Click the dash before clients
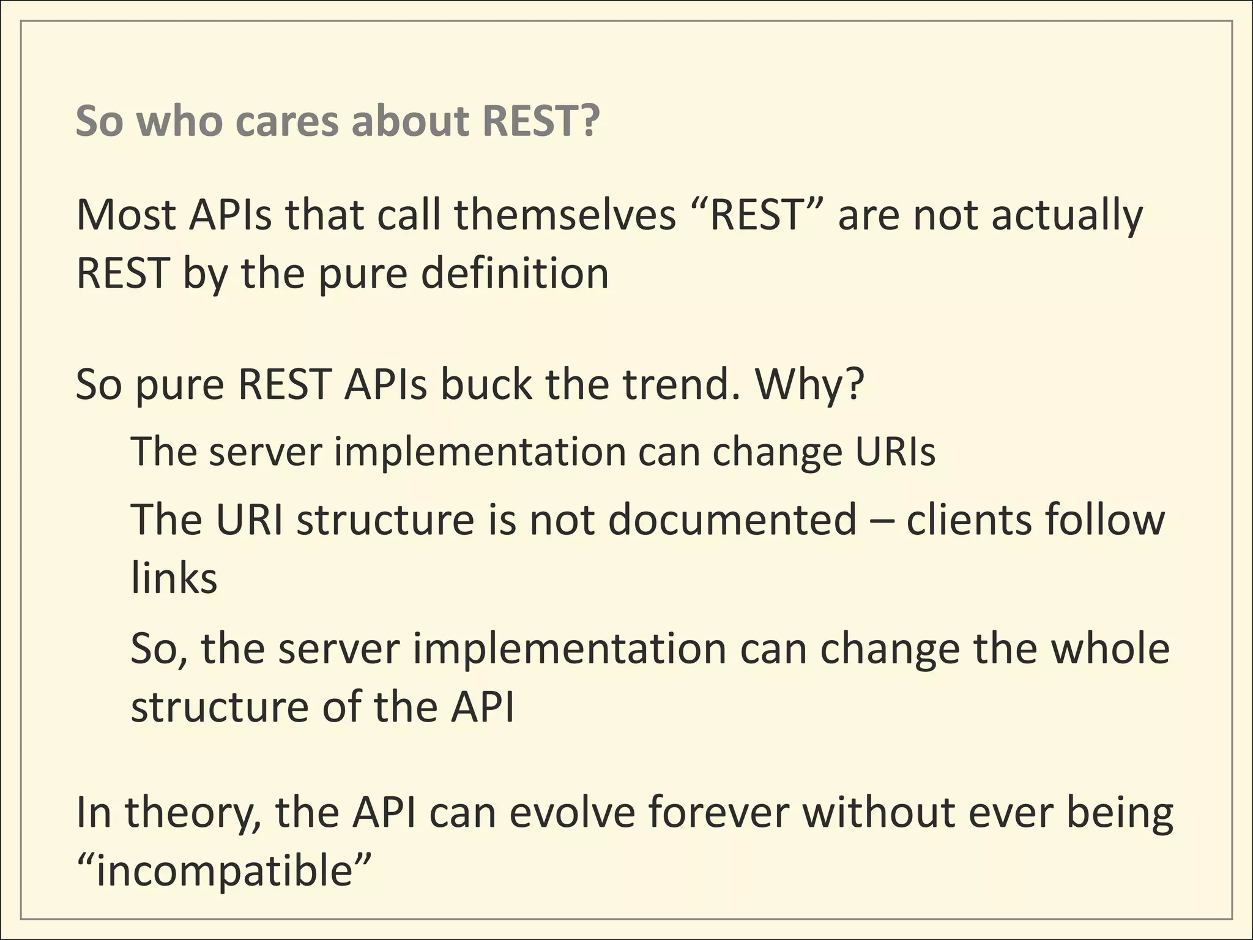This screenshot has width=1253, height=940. coord(881,520)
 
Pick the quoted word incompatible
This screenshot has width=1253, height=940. coord(225,873)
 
